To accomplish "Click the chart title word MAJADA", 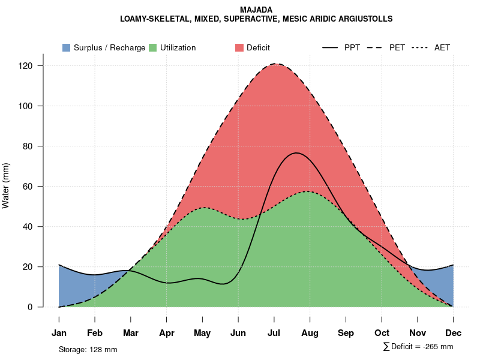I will pyautogui.click(x=256, y=10).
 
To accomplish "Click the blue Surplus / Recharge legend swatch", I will pyautogui.click(x=66, y=47).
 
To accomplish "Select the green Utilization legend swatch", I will pyautogui.click(x=152, y=47).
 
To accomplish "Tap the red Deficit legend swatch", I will pyautogui.click(x=239, y=47).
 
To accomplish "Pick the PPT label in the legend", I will pyautogui.click(x=352, y=47).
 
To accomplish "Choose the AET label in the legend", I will pyautogui.click(x=442, y=47).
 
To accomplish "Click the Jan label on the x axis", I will pyautogui.click(x=59, y=333).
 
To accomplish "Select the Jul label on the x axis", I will pyautogui.click(x=274, y=333).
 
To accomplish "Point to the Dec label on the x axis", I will pyautogui.click(x=454, y=333).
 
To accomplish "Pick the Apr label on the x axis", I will pyautogui.click(x=167, y=333).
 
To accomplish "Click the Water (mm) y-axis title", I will pyautogui.click(x=6, y=186).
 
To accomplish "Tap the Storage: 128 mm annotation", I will pyautogui.click(x=88, y=349).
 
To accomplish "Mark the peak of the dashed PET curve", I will pyautogui.click(x=276, y=64).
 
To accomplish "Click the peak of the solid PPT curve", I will pyautogui.click(x=296, y=153).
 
